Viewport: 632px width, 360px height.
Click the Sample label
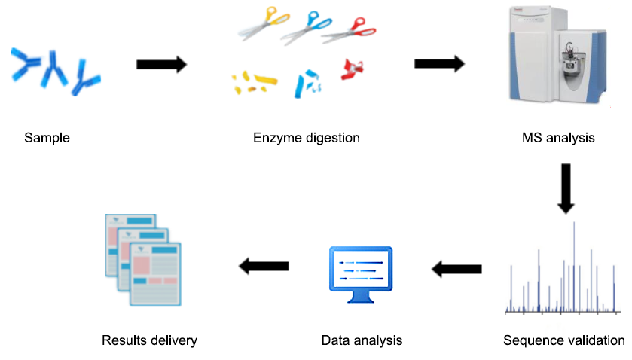(47, 138)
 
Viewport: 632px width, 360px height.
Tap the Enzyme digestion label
(307, 138)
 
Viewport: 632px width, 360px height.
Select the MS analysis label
(558, 138)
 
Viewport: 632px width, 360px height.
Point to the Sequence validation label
(563, 340)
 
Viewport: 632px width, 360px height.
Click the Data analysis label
(362, 340)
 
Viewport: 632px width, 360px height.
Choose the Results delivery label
(149, 340)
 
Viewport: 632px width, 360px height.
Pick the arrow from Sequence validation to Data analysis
(456, 267)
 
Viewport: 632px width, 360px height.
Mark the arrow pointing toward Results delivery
(264, 265)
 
